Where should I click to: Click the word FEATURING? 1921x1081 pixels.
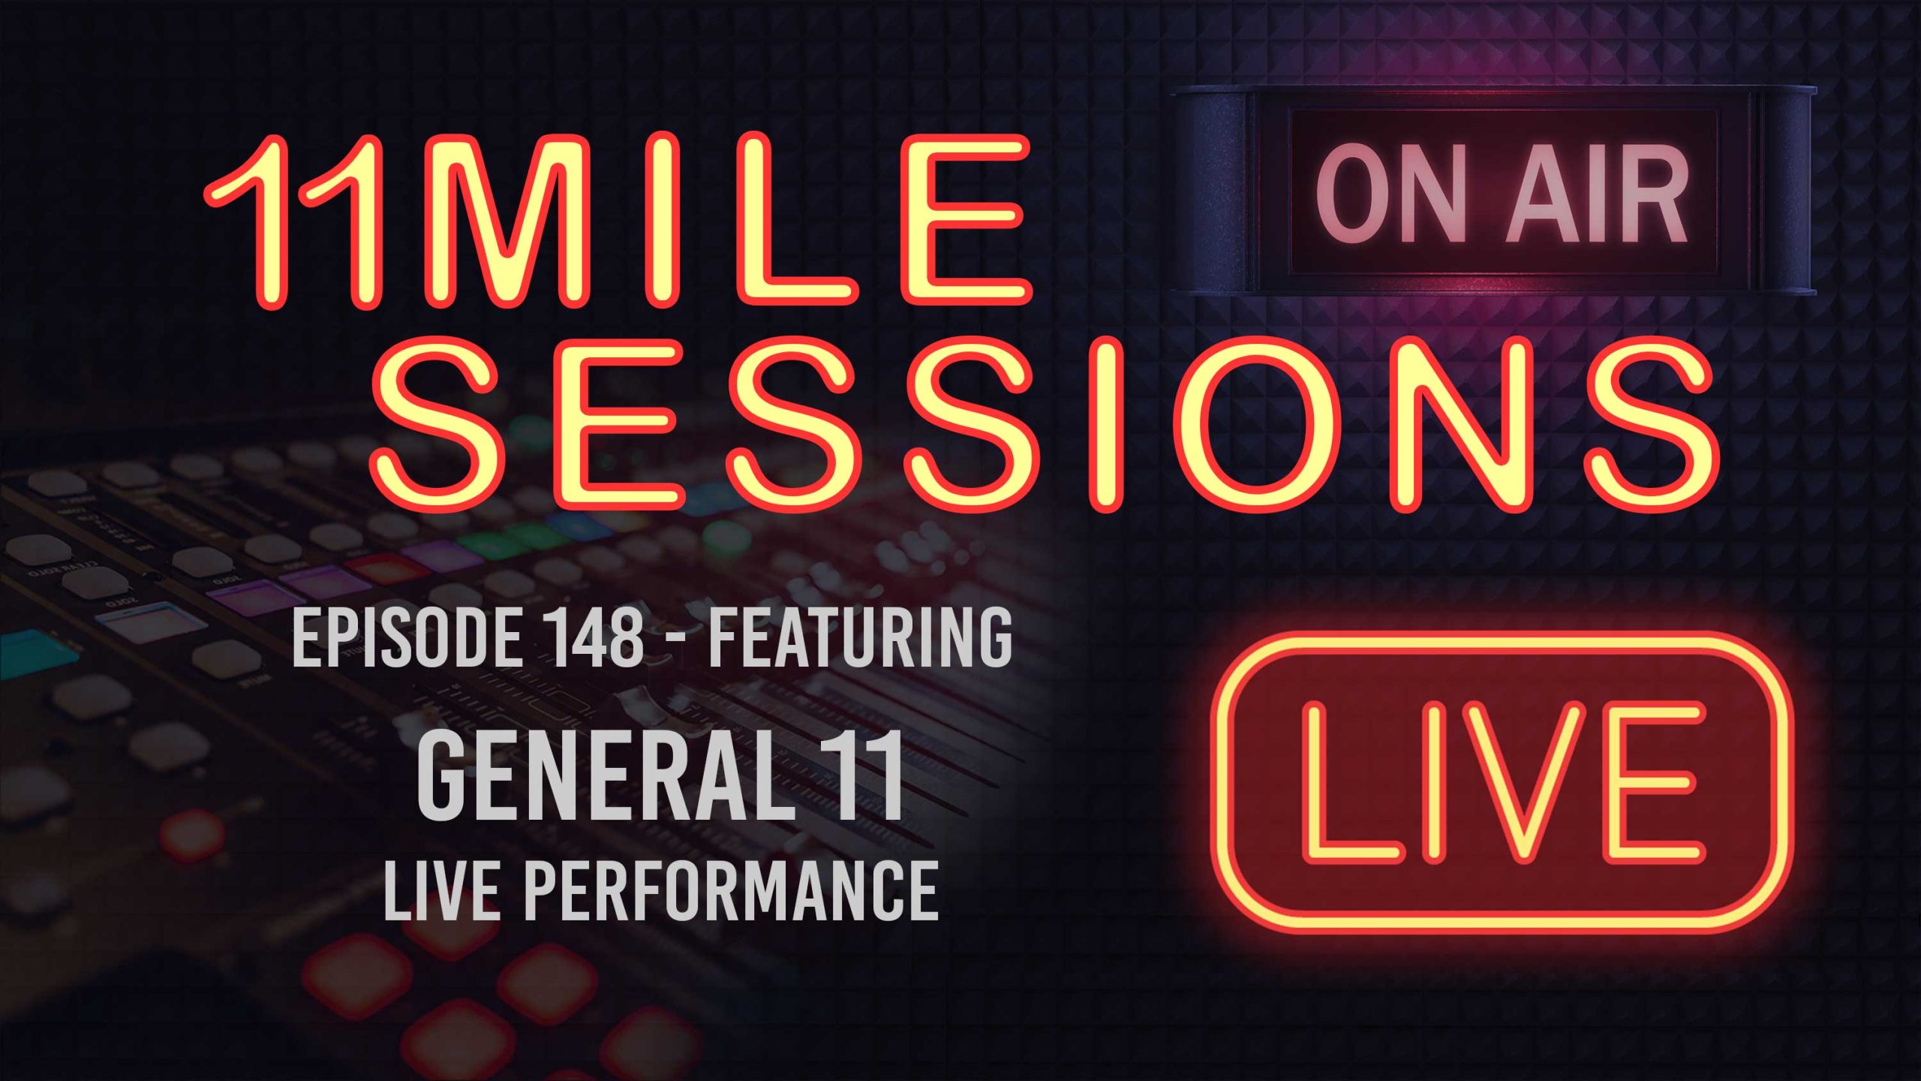861,638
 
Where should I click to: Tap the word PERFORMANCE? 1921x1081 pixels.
732,891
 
